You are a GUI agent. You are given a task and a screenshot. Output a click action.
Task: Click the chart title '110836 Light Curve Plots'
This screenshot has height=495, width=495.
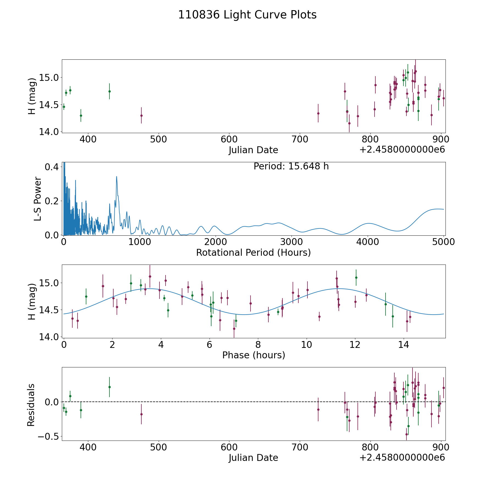(x=247, y=15)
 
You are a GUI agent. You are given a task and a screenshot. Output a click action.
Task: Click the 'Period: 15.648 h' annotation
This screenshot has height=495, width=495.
(x=291, y=166)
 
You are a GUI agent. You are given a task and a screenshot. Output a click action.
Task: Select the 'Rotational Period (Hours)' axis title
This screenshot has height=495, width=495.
(x=253, y=252)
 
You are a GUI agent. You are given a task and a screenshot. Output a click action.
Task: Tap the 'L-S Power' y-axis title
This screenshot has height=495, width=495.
(x=38, y=199)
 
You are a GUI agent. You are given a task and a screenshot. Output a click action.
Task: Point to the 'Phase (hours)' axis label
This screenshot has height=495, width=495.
(x=254, y=355)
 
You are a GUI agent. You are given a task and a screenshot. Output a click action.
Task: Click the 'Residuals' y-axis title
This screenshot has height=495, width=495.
(x=31, y=405)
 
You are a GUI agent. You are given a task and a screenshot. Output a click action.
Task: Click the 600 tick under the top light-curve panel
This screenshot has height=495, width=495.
(x=229, y=139)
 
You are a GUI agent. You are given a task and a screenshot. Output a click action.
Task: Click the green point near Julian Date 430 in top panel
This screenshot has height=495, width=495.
(x=109, y=91)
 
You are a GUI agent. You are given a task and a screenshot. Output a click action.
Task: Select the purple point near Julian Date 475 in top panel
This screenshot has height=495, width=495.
(x=141, y=116)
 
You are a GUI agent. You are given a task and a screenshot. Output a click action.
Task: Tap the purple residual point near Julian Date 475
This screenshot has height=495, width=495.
(x=141, y=414)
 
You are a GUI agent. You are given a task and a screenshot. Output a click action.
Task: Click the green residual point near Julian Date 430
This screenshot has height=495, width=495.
(x=109, y=387)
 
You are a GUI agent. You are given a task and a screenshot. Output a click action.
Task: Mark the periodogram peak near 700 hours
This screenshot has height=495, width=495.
(x=117, y=177)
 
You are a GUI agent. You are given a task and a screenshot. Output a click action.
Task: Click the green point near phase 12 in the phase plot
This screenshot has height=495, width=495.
(x=356, y=277)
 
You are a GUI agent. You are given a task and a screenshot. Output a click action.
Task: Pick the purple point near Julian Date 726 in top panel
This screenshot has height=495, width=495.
(x=318, y=113)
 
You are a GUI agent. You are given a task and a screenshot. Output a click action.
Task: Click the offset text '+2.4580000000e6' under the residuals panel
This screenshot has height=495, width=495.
(x=402, y=457)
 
